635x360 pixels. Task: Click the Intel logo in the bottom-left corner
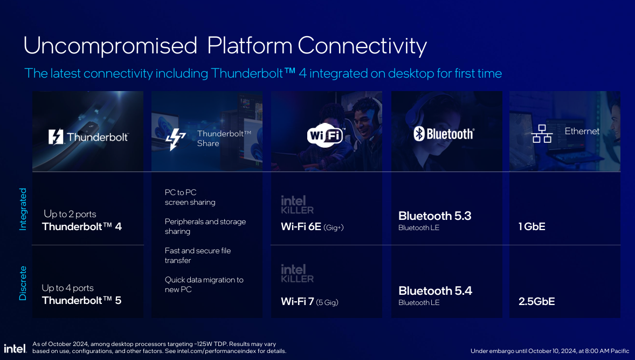point(15,349)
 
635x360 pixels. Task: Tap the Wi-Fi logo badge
point(326,135)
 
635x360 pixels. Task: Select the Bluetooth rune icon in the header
point(419,134)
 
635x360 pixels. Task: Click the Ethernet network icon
point(542,134)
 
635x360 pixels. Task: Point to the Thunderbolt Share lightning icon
point(176,139)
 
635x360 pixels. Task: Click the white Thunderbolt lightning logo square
point(56,137)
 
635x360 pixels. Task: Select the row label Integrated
point(23,209)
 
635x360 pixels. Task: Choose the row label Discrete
point(23,283)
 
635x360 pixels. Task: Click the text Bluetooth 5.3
point(434,216)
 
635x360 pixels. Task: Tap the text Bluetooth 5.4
point(435,291)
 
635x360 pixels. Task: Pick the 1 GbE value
point(532,226)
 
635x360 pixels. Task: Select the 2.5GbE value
point(536,301)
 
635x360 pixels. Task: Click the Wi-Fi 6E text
point(301,227)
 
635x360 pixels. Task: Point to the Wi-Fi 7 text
point(297,302)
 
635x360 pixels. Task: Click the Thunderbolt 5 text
point(81,301)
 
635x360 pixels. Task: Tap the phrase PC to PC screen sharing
point(190,197)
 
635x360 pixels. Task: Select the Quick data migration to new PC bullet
point(204,285)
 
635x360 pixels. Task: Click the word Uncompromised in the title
point(110,45)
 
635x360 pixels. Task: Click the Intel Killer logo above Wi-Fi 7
point(297,273)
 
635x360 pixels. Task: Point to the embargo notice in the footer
point(549,351)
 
